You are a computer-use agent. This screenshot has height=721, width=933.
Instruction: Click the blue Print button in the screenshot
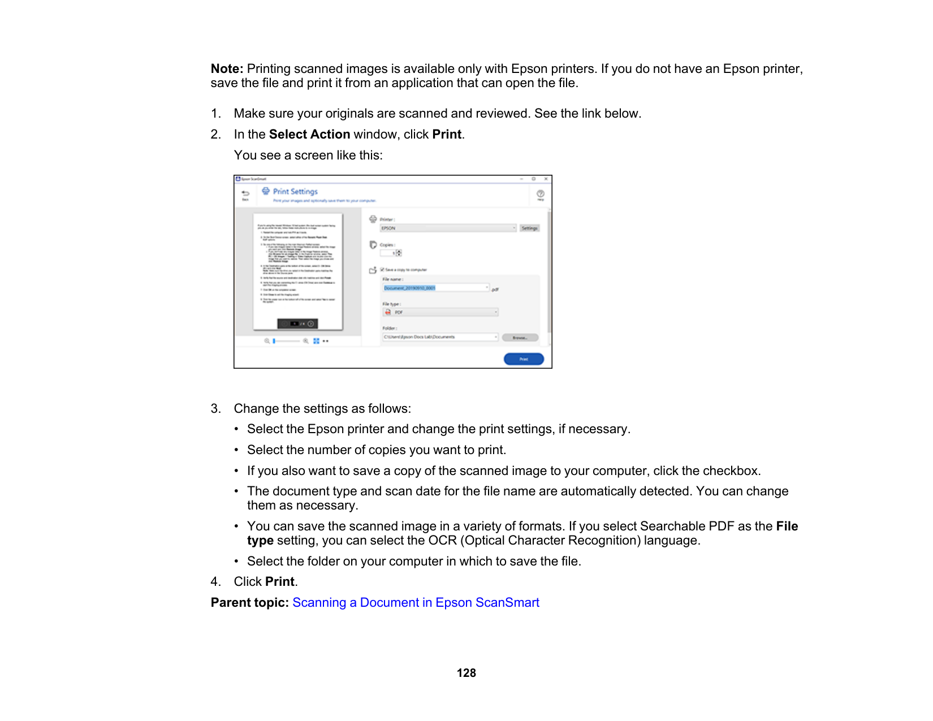pyautogui.click(x=524, y=359)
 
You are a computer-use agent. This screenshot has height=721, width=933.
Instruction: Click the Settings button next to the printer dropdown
pyautogui.click(x=530, y=228)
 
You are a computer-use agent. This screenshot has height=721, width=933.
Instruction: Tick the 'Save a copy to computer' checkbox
pyautogui.click(x=383, y=270)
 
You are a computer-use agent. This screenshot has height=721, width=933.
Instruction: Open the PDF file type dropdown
pyautogui.click(x=440, y=312)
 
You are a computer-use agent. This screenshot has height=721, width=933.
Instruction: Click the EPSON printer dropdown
pyautogui.click(x=448, y=228)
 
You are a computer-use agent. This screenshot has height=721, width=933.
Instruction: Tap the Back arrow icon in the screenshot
pyautogui.click(x=245, y=194)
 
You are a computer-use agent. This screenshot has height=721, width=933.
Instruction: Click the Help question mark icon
pyautogui.click(x=541, y=194)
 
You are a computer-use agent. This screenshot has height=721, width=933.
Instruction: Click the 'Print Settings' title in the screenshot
pyautogui.click(x=295, y=192)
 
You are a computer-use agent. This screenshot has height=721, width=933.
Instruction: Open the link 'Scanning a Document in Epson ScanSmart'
pyautogui.click(x=416, y=603)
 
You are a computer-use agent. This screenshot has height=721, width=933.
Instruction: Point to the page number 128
pyautogui.click(x=466, y=673)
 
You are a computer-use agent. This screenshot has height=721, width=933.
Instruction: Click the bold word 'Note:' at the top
pyautogui.click(x=227, y=69)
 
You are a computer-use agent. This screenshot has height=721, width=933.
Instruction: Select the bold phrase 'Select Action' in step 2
pyautogui.click(x=309, y=135)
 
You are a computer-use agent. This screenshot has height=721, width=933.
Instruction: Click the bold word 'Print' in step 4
pyautogui.click(x=280, y=582)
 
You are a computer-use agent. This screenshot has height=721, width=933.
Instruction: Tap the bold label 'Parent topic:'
pyautogui.click(x=250, y=603)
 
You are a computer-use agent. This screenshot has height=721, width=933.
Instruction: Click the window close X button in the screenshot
pyautogui.click(x=546, y=179)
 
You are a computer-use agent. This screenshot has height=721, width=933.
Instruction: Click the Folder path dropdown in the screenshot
pyautogui.click(x=440, y=337)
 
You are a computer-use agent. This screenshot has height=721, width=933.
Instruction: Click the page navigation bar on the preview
pyautogui.click(x=297, y=324)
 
